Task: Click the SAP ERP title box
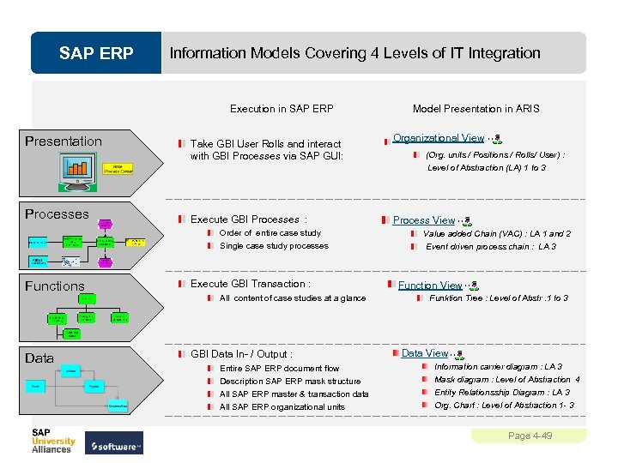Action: [96, 53]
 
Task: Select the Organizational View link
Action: [438, 138]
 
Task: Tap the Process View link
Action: [423, 220]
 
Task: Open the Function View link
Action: [429, 286]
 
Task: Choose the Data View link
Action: [424, 353]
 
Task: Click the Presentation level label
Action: [64, 141]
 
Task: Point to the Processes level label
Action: [57, 214]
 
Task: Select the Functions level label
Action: [55, 286]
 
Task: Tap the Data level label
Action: [39, 358]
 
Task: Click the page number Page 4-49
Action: [530, 436]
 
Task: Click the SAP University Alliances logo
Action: [53, 439]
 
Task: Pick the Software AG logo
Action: [117, 446]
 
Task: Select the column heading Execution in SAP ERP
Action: [282, 109]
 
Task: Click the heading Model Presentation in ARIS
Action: [476, 109]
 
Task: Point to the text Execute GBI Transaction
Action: [250, 284]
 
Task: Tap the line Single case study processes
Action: [274, 246]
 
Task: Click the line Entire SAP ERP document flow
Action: [279, 368]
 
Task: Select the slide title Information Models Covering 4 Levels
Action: [354, 53]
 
